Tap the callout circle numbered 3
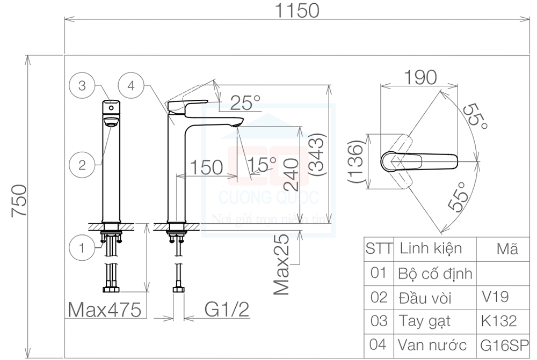(x=82, y=86)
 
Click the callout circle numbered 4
(x=132, y=86)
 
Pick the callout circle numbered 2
(x=82, y=165)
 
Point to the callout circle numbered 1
(x=82, y=248)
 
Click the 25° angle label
(x=245, y=101)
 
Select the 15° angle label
(x=263, y=163)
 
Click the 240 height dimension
(x=290, y=177)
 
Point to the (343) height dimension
(x=317, y=156)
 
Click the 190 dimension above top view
(x=420, y=78)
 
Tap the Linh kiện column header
(x=431, y=248)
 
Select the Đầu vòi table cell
(x=425, y=298)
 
